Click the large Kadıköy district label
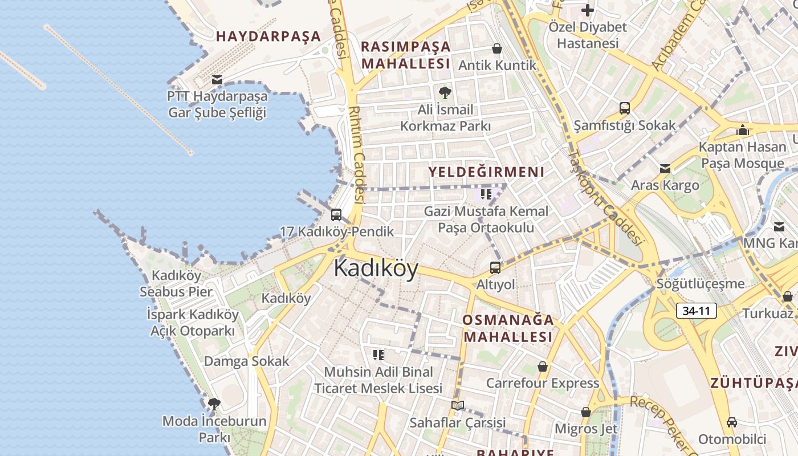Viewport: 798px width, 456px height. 376,268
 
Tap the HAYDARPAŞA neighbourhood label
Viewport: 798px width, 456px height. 268,36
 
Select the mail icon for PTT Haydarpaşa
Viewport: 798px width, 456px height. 217,79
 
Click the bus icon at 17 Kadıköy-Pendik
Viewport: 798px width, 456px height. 336,215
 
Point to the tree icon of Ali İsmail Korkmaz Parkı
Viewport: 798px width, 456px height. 445,92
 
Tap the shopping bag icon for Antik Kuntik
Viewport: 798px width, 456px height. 497,49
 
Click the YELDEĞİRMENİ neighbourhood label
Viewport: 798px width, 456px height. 486,172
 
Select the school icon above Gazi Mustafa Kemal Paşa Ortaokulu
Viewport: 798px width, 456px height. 486,194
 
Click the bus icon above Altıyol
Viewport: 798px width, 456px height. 495,267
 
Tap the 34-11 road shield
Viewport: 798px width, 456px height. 697,311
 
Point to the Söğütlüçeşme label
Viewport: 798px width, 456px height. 701,283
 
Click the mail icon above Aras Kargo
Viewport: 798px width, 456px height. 665,169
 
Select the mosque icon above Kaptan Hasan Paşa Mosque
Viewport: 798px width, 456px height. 742,130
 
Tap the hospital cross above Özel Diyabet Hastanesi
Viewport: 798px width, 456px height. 588,10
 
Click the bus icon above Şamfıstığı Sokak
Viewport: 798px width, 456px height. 625,108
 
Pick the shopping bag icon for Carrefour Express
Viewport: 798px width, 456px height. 542,367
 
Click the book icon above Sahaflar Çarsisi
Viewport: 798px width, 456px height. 458,405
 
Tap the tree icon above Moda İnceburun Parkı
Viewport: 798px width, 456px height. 214,405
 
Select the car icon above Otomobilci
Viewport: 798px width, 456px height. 732,422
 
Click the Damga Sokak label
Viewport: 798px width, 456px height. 247,361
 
